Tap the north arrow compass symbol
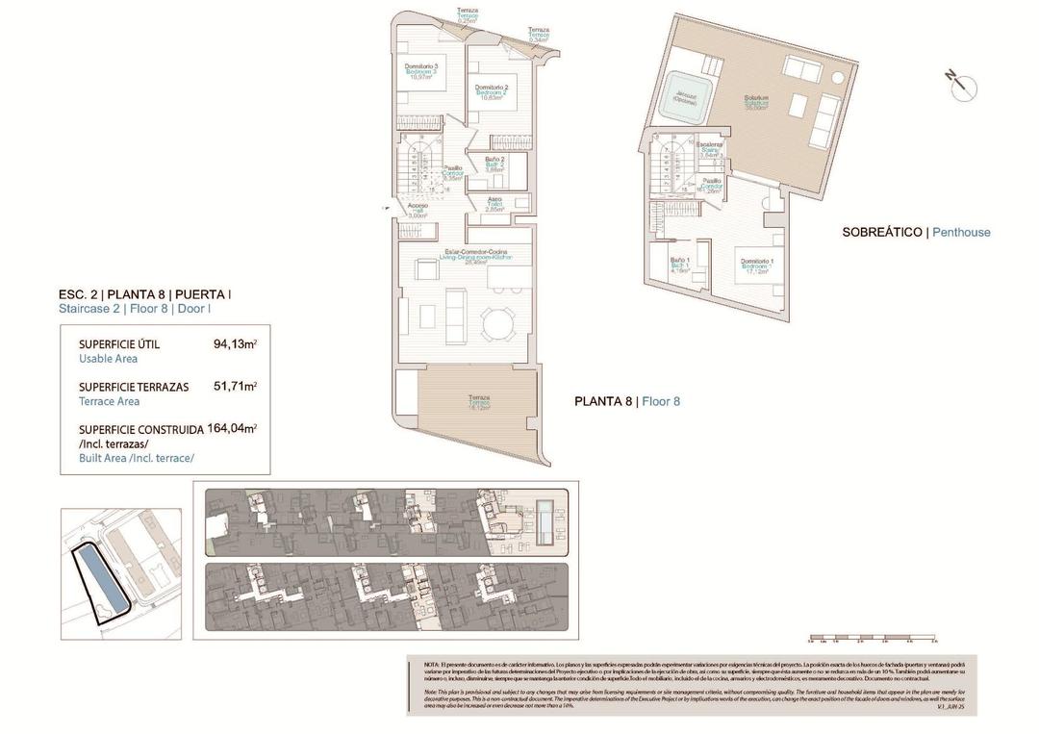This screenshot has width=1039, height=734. [962, 87]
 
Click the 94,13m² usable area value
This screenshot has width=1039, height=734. [235, 343]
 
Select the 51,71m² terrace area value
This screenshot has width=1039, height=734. [235, 387]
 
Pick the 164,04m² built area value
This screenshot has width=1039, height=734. [235, 429]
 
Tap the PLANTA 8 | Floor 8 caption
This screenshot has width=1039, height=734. [626, 401]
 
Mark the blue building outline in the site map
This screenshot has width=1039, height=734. [100, 581]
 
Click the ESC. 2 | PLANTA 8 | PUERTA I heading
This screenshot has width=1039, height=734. [144, 294]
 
